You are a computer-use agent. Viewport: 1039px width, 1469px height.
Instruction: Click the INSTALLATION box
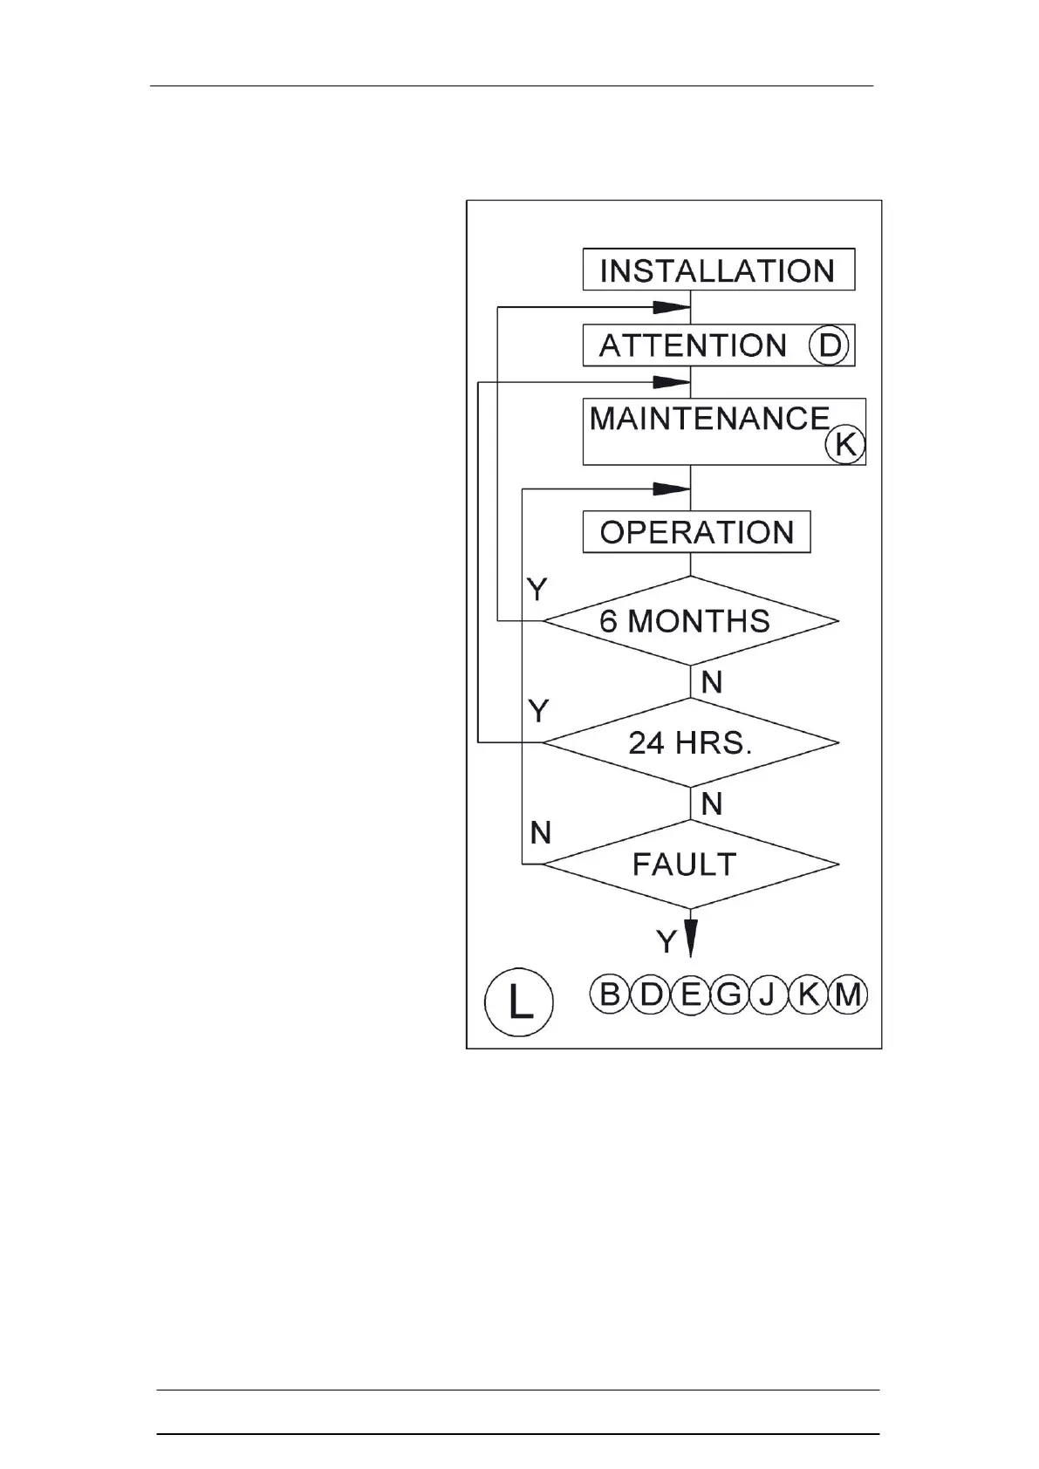(x=718, y=270)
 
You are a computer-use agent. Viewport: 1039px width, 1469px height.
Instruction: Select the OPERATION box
(x=696, y=531)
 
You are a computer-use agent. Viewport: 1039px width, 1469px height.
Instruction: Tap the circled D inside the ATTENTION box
(x=829, y=345)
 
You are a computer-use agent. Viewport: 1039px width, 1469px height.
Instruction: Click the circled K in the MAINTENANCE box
(x=844, y=444)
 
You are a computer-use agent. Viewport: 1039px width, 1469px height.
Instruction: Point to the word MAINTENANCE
(x=709, y=419)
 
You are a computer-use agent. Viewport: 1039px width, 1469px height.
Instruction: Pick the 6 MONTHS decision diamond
(x=690, y=621)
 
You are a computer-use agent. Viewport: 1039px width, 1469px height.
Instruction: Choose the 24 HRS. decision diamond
(x=690, y=742)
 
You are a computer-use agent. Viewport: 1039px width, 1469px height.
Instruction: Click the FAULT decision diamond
(x=690, y=864)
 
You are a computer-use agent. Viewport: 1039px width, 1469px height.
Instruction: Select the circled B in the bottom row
(x=610, y=994)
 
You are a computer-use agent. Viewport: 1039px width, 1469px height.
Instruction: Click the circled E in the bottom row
(x=690, y=994)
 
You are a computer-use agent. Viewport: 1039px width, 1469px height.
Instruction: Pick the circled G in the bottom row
(x=728, y=994)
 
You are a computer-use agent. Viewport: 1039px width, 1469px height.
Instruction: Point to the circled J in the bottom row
(x=768, y=994)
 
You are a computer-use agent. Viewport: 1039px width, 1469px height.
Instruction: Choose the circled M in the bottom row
(x=848, y=994)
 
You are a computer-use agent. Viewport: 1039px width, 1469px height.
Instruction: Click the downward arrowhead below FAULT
(x=690, y=937)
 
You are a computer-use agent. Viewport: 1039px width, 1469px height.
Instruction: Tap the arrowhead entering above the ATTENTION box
(x=672, y=307)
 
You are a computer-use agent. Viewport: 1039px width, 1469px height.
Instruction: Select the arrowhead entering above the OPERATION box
(x=672, y=489)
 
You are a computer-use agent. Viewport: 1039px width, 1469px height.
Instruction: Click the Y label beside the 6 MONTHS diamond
(x=537, y=591)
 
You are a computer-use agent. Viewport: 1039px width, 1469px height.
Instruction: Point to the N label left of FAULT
(x=541, y=833)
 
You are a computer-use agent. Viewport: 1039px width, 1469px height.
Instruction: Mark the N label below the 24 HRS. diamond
(x=712, y=803)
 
